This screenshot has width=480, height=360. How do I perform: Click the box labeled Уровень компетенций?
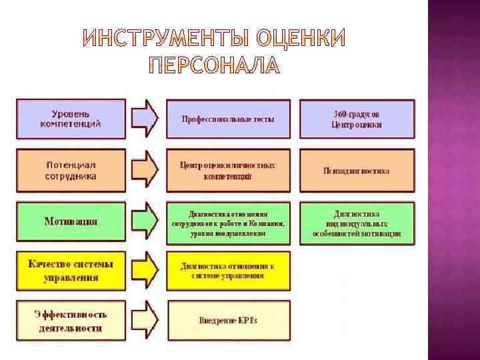point(71,119)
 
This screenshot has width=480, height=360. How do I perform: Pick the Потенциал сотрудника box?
point(71,170)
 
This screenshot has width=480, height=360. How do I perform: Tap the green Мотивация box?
point(71,221)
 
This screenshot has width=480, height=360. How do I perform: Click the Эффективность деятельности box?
point(71,320)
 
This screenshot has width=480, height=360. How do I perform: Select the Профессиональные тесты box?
point(228,119)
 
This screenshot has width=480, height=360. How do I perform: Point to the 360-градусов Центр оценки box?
point(357,119)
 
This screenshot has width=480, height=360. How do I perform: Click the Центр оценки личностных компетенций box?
point(228,171)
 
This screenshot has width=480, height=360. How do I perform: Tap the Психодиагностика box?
point(357,171)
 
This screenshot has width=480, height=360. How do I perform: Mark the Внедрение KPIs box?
point(228,321)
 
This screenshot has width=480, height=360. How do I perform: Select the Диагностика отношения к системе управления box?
point(228,271)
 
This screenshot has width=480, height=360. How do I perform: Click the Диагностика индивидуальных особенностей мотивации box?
point(357,223)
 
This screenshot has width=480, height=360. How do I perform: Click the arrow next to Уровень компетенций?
point(145,119)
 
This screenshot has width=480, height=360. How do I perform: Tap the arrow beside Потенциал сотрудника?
point(145,170)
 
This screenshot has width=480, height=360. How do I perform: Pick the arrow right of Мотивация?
point(145,221)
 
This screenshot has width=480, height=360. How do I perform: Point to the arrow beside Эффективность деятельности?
point(145,320)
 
